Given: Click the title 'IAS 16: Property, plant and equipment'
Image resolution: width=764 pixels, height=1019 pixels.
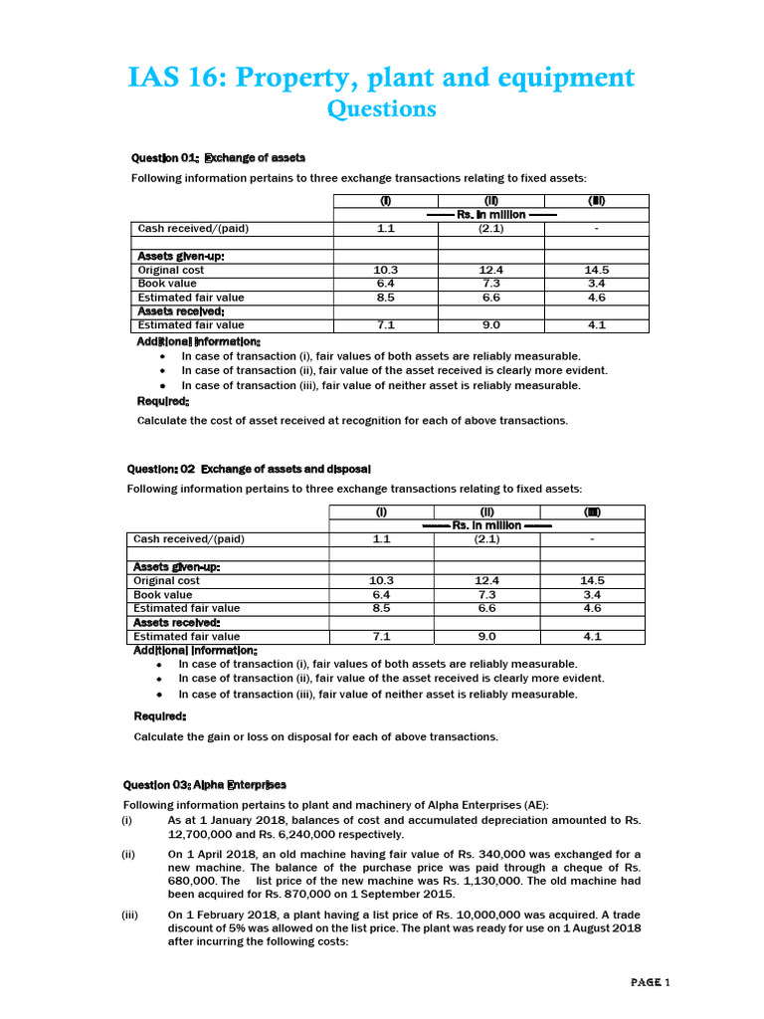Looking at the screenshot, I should (381, 77).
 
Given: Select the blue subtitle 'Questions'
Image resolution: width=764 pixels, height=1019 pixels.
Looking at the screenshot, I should (381, 108).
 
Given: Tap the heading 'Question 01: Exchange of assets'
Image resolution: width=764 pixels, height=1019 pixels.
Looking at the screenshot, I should (218, 158).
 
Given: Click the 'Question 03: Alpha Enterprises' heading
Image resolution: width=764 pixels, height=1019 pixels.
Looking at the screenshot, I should (204, 784).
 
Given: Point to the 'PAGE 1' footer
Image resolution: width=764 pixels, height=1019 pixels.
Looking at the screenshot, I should (652, 982).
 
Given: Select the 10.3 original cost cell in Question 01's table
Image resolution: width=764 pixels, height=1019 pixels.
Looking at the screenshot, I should (386, 270).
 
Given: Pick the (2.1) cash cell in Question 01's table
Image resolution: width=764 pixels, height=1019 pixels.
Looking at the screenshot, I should (490, 228).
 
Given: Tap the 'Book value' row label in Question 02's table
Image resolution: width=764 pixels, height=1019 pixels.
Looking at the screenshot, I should (163, 594).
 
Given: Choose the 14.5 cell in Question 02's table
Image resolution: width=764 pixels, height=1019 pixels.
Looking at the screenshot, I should (592, 580).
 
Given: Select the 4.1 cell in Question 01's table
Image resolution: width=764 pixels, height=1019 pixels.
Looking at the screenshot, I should (597, 324).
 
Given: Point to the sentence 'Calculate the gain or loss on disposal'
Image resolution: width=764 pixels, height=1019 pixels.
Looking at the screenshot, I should (315, 737).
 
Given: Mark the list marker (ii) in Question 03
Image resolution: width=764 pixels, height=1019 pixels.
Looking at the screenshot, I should (127, 854).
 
